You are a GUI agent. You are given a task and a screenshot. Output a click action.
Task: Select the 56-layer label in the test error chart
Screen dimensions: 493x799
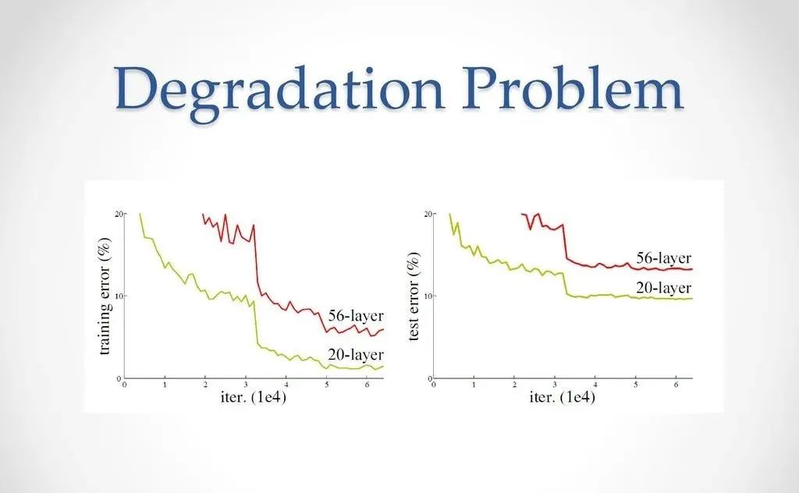(663, 258)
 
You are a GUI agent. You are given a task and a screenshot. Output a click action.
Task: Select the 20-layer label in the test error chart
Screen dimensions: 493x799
(663, 286)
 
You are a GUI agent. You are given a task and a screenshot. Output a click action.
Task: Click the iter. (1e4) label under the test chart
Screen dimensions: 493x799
(561, 398)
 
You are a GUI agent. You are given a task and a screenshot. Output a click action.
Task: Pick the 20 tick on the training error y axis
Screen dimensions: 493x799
(119, 214)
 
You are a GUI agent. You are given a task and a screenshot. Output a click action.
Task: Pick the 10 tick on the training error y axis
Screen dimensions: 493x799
(119, 296)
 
